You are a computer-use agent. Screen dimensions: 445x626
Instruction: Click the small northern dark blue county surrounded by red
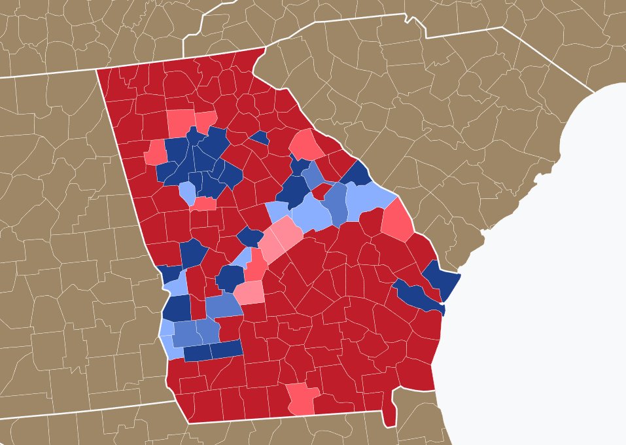[260, 137]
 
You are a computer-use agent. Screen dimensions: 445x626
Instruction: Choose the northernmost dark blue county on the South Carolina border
[357, 173]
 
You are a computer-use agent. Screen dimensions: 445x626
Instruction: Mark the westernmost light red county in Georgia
[156, 152]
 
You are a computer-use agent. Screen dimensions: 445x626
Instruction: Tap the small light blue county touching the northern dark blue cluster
[186, 192]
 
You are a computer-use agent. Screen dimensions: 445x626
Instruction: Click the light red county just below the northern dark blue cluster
[204, 204]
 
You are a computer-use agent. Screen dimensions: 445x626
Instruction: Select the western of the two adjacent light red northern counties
[181, 120]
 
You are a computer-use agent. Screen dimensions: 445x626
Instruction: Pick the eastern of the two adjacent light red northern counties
[205, 120]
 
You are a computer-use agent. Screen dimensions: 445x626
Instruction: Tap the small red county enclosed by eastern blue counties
[321, 191]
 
